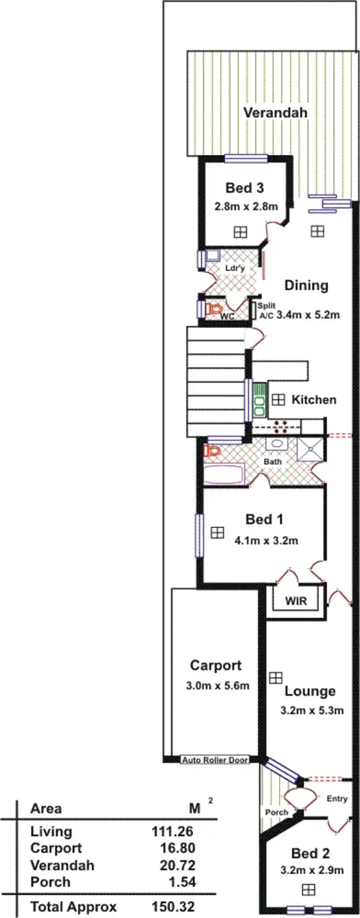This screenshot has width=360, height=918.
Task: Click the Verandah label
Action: pos(275,113)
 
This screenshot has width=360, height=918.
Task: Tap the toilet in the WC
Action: pos(214,310)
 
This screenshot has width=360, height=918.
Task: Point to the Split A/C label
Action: pos(265,310)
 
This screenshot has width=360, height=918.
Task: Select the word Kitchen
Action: pos(313,400)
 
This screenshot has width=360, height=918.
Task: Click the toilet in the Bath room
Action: pos(212,451)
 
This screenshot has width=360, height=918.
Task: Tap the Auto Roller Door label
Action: pos(215,760)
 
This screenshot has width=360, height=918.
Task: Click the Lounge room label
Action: pos(310,691)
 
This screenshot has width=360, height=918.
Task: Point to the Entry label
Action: pos(337,799)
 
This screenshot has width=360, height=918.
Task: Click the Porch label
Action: pos(277,812)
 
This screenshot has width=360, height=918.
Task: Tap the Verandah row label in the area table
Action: pos(62,865)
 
